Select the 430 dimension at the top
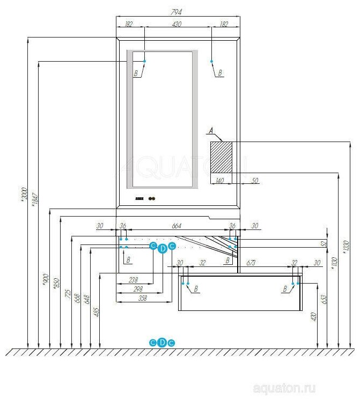177,24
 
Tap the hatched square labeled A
221,157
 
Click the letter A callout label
211,130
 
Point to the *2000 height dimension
23,194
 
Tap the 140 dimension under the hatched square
219,180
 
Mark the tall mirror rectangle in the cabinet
162,119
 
